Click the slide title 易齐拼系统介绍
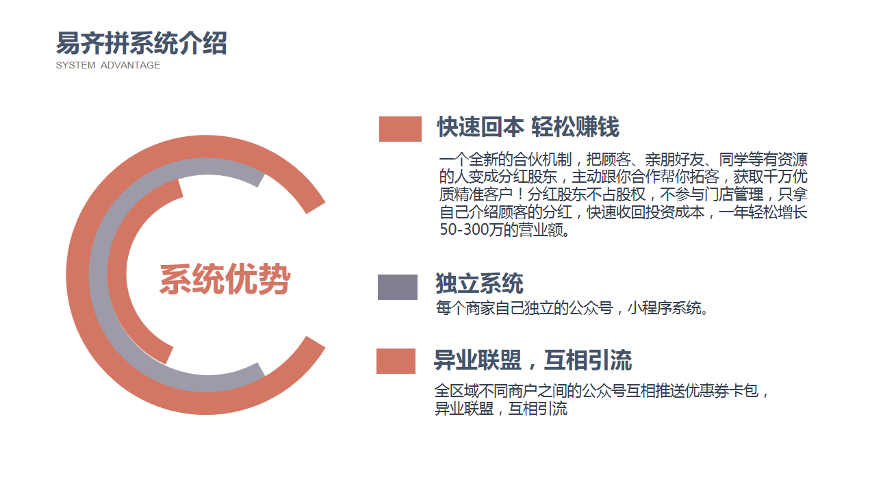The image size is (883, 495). pyautogui.click(x=141, y=43)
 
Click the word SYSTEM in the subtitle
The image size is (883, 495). pyautogui.click(x=75, y=65)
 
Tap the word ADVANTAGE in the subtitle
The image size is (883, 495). pyautogui.click(x=131, y=65)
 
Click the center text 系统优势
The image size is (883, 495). pyautogui.click(x=225, y=279)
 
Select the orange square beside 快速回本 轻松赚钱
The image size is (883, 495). pyautogui.click(x=400, y=129)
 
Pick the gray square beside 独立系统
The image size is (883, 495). pyautogui.click(x=397, y=287)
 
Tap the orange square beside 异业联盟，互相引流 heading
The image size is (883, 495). pyautogui.click(x=396, y=361)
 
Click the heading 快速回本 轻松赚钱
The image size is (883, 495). pyautogui.click(x=528, y=127)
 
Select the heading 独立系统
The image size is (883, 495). pyautogui.click(x=479, y=283)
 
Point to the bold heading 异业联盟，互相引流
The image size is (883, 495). pyautogui.click(x=533, y=360)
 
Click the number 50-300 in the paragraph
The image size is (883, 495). pyautogui.click(x=463, y=229)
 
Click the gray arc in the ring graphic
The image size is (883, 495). pyautogui.click(x=99, y=276)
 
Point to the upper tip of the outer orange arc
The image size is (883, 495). pyautogui.click(x=316, y=208)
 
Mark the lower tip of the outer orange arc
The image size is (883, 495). pyautogui.click(x=316, y=342)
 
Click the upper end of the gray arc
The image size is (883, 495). pyautogui.click(x=261, y=179)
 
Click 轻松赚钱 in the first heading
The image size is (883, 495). pyautogui.click(x=576, y=127)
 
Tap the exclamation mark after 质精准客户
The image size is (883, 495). pyautogui.click(x=520, y=194)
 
